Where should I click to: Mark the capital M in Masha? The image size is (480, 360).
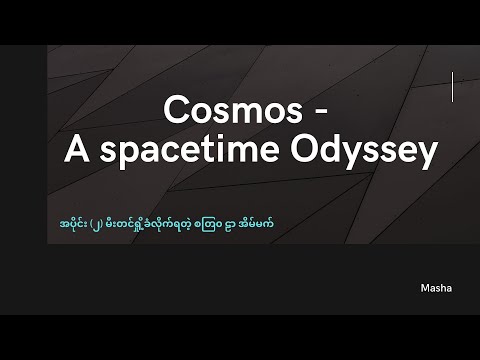point(425,286)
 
